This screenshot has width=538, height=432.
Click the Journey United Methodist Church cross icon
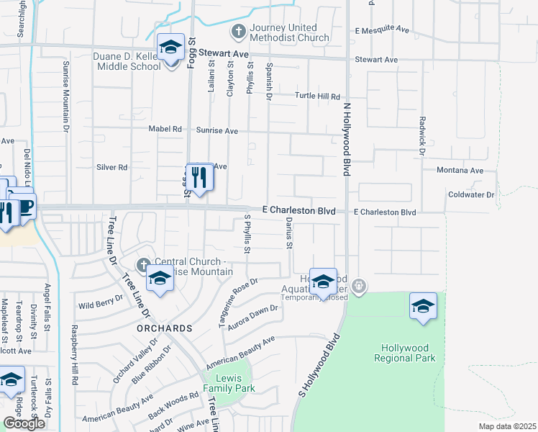click(238, 31)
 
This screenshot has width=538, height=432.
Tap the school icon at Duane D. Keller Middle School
click(170, 49)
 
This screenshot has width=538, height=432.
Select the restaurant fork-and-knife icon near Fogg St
click(199, 177)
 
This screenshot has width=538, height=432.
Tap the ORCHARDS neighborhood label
click(165, 328)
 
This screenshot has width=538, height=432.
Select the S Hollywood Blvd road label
click(318, 366)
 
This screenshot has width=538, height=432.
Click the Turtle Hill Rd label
click(316, 96)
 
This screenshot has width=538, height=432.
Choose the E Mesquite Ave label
click(382, 30)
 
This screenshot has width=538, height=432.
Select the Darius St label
click(289, 234)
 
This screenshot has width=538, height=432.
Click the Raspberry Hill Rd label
click(74, 354)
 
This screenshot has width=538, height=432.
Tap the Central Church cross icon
click(144, 263)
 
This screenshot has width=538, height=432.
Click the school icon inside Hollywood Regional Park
click(424, 305)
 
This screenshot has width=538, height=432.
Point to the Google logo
click(23, 423)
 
